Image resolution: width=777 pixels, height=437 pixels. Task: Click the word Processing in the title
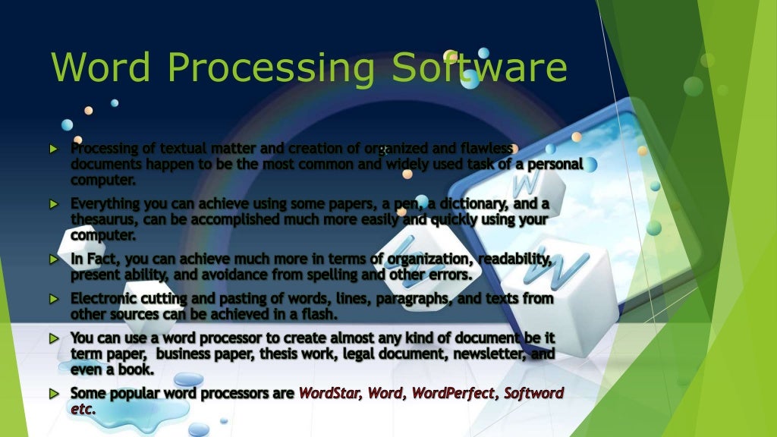tap(269, 68)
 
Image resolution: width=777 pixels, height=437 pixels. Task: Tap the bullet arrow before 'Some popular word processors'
tap(53, 394)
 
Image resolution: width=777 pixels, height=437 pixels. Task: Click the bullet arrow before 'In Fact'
tap(53, 259)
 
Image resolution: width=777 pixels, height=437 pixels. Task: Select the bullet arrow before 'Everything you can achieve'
tap(53, 204)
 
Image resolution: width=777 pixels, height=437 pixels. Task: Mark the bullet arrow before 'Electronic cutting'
tap(53, 299)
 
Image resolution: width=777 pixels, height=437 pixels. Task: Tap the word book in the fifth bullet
tap(137, 369)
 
